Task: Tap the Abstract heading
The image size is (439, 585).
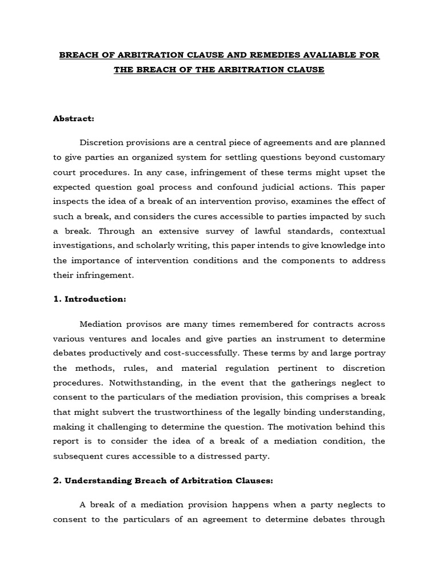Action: (74, 119)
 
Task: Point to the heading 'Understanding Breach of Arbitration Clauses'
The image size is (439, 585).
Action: (169, 464)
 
